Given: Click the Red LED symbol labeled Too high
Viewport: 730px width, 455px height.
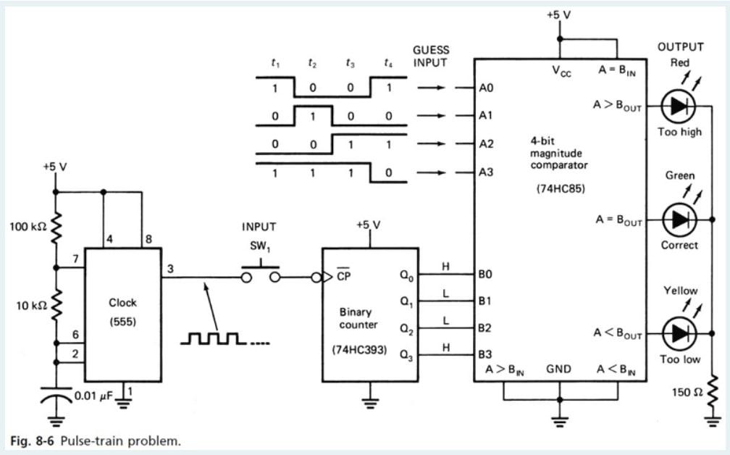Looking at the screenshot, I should click(679, 106).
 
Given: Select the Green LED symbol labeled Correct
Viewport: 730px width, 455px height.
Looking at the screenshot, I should click(679, 219).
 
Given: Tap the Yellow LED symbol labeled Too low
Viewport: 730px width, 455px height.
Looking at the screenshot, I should click(679, 333).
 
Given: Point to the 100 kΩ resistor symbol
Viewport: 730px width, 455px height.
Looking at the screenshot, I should click(56, 227).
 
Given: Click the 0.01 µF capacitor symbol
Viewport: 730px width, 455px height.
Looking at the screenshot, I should click(56, 396).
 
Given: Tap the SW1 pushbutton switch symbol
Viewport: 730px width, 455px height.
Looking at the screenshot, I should click(260, 273).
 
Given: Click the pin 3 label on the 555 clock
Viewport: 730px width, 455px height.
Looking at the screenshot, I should click(169, 269).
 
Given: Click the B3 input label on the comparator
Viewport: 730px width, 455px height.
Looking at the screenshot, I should click(485, 354).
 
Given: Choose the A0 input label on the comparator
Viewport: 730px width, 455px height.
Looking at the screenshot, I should click(485, 88).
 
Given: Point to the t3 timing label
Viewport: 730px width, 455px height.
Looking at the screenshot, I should click(351, 64).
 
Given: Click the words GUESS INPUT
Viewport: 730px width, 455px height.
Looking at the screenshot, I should click(431, 56).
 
